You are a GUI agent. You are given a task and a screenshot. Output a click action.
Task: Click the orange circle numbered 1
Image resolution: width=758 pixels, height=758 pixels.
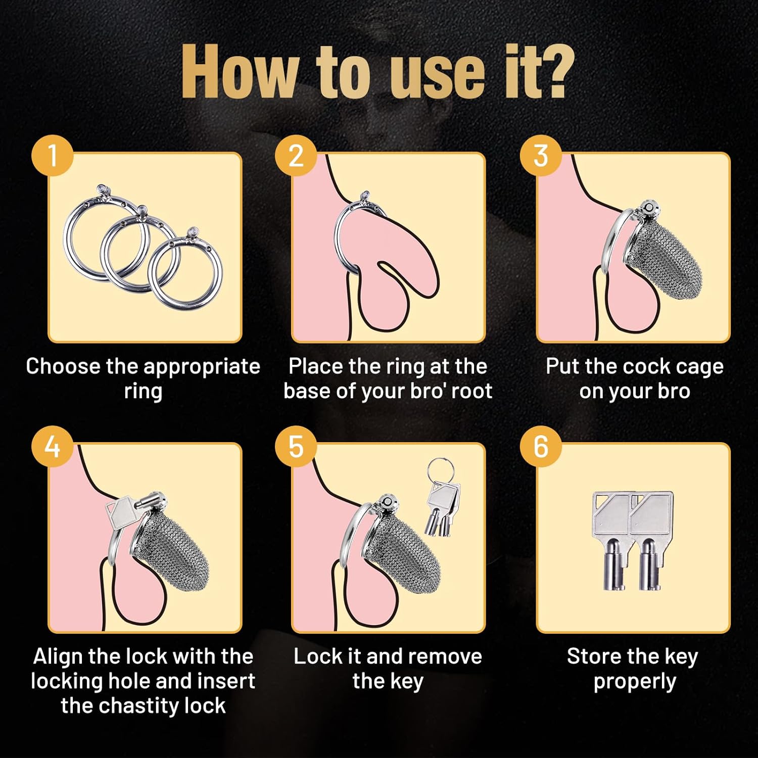[x=53, y=155]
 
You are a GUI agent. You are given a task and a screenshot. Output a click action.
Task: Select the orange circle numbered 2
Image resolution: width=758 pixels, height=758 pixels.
[x=296, y=155]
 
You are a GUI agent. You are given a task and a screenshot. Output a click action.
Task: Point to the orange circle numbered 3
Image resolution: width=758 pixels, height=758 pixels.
[x=541, y=155]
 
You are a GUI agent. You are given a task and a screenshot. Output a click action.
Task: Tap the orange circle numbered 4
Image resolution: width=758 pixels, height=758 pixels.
[x=53, y=446]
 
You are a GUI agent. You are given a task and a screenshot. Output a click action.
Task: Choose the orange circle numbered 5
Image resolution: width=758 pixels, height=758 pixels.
[x=296, y=446]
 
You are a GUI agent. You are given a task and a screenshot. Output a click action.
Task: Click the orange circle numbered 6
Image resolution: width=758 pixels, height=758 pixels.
[x=541, y=446]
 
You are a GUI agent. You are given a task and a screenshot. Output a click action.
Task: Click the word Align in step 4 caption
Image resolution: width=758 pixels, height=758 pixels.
[x=58, y=656]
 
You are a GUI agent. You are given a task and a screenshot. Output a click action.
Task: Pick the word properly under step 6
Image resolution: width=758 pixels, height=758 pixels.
[x=635, y=682]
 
